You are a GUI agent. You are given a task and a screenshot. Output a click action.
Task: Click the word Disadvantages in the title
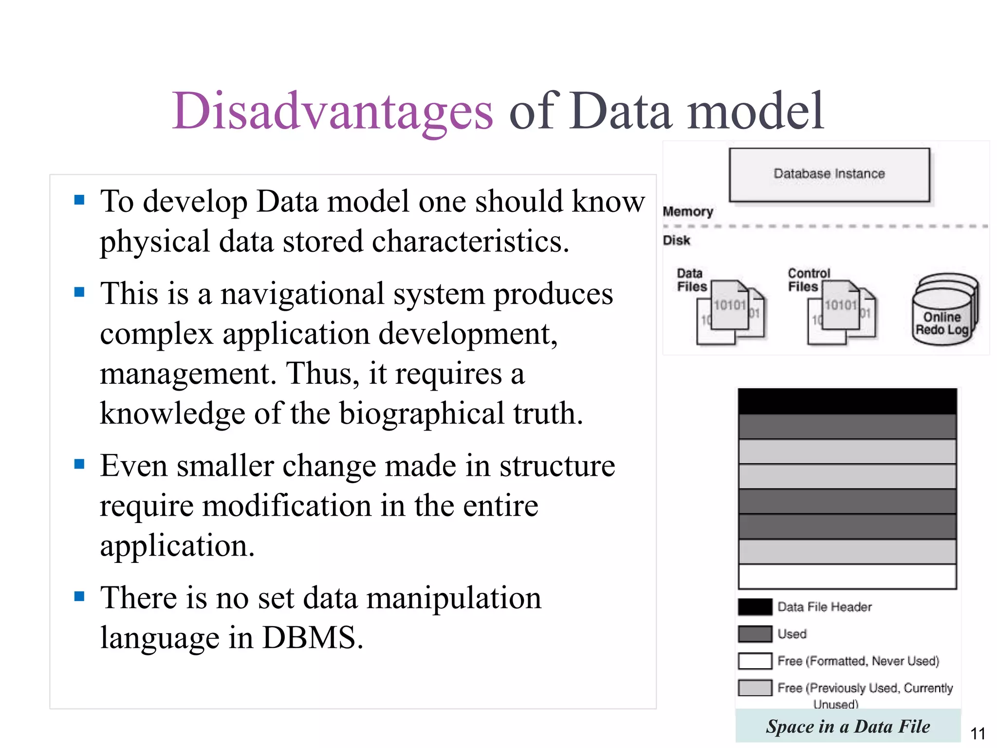tap(332, 112)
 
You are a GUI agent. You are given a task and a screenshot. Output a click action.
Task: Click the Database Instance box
tap(829, 174)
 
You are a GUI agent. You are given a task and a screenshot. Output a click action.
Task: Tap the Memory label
tap(687, 212)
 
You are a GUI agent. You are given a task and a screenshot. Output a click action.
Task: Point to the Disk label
tap(676, 241)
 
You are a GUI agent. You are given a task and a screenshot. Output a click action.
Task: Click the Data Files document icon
tap(730, 312)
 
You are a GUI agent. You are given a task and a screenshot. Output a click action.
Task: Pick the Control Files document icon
tap(841, 312)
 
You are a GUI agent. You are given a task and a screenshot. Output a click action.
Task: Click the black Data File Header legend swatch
tap(755, 607)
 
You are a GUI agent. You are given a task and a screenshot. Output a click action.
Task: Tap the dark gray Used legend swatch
tap(755, 634)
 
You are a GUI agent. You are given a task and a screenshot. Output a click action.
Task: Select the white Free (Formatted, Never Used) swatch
tap(755, 661)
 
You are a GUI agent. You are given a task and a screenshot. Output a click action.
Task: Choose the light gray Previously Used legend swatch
tap(755, 688)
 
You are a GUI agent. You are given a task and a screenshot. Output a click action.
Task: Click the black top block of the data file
tap(847, 401)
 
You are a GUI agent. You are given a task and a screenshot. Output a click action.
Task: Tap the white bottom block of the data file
tap(847, 577)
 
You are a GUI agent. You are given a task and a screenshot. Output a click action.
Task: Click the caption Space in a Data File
tap(848, 726)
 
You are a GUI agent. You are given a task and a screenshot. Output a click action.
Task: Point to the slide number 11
tap(978, 733)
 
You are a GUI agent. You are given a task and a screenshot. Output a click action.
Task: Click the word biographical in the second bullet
tap(422, 414)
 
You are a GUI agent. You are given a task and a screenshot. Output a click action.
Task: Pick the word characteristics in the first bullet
tap(470, 242)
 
